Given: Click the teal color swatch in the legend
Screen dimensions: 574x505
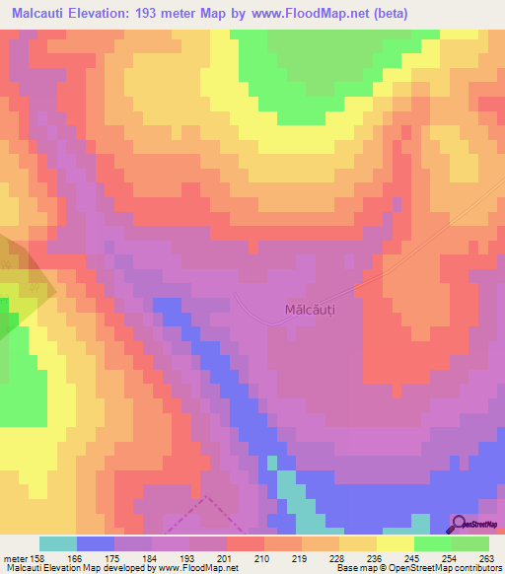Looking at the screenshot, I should coord(58,543).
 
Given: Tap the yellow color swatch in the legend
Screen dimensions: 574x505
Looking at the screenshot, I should coord(396,543).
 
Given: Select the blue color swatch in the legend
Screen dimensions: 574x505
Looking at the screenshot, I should coord(96,543).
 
